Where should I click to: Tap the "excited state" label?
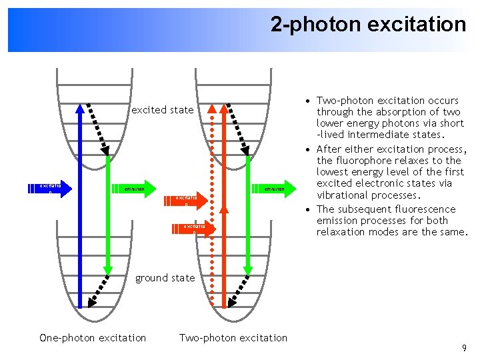tap(163, 110)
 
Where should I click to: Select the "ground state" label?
tap(165, 278)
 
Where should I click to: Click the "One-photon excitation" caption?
tap(93, 338)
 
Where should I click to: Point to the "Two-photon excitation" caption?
tap(233, 338)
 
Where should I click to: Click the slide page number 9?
tap(463, 349)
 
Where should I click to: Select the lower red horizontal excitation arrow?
tap(195, 229)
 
